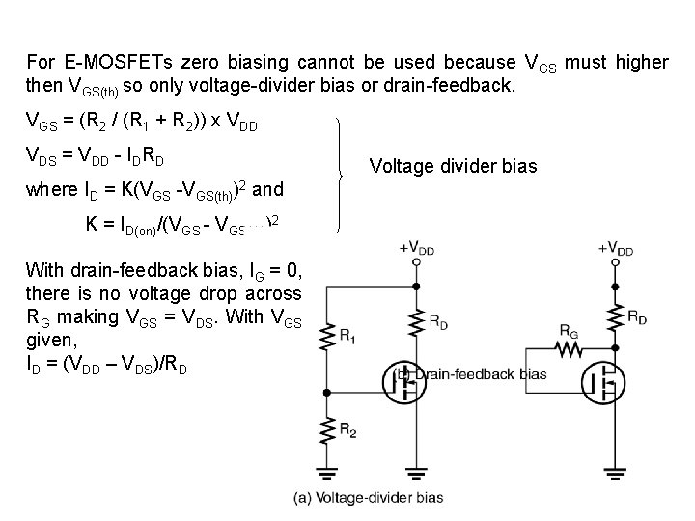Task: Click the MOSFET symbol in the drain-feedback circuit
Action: (x=605, y=381)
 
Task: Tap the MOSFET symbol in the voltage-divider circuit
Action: (x=406, y=381)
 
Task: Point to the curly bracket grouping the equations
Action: (x=340, y=175)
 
